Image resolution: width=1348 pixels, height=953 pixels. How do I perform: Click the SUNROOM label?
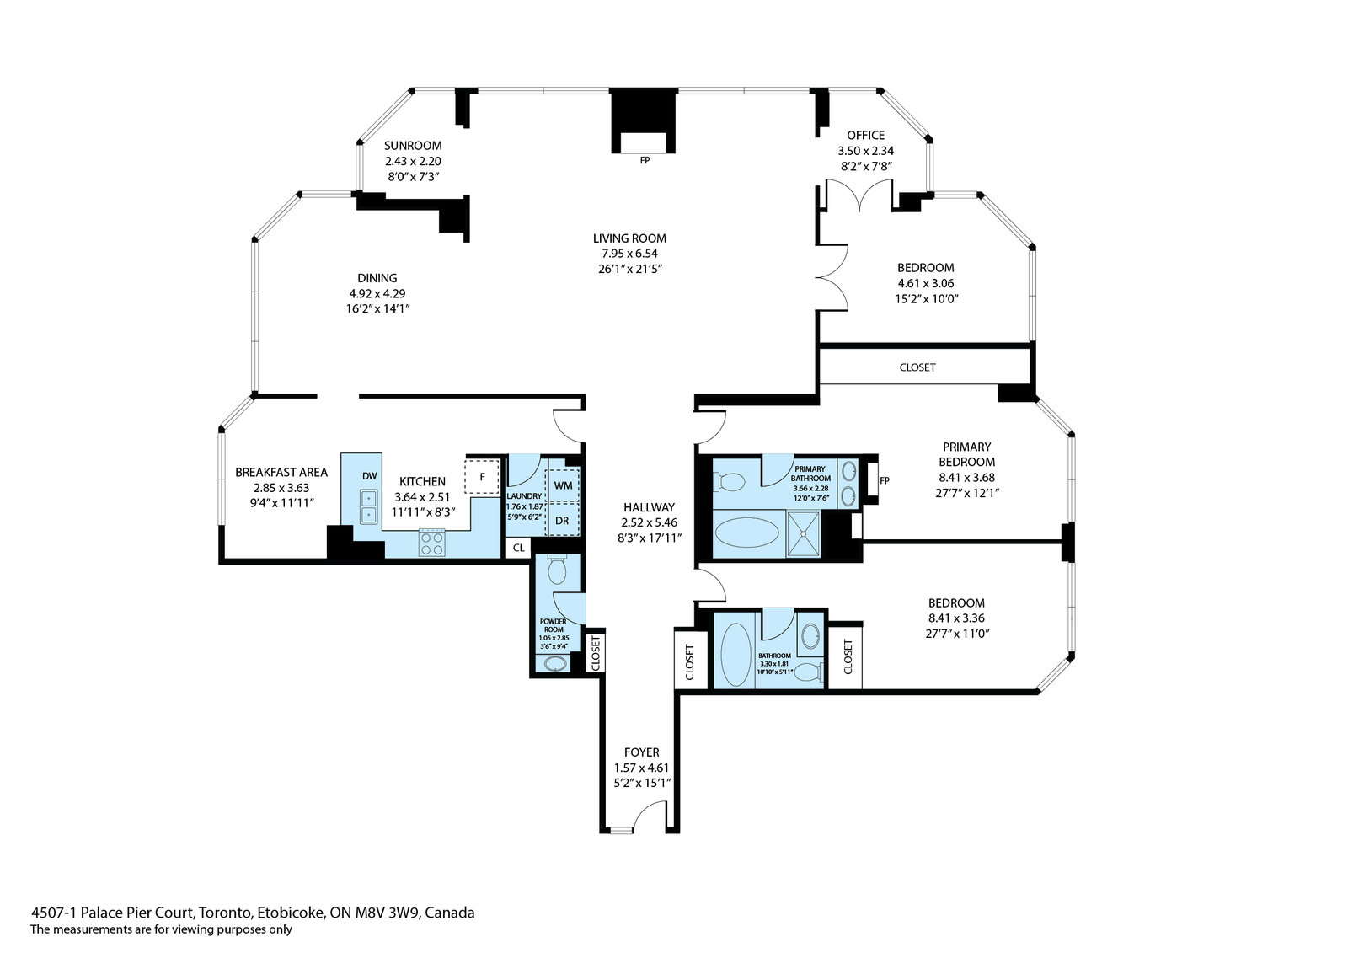point(413,146)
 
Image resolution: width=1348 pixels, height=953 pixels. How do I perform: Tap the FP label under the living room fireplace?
point(645,161)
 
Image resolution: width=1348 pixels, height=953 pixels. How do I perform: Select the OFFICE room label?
point(865,136)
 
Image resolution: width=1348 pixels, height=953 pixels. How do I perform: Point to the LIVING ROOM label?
point(629,238)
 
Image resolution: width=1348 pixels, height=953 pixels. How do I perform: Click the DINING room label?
point(377,278)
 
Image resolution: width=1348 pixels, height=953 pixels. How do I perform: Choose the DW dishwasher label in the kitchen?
point(370,476)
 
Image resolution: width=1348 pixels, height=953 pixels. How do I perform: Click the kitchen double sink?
point(369,507)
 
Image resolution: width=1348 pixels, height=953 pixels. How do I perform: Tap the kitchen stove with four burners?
point(431,543)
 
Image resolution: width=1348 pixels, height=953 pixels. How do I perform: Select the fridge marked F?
point(482,478)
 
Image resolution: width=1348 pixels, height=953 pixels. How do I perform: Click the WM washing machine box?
point(563,485)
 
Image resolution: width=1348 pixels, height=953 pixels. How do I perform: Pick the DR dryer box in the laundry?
point(563,520)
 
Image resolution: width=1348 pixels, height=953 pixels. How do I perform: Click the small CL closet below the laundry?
point(518,548)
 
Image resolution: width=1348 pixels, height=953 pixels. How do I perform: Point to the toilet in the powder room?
point(557,569)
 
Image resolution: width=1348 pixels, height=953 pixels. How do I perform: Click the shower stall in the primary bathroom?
point(804,534)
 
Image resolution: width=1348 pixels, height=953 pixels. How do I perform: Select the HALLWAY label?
point(649,507)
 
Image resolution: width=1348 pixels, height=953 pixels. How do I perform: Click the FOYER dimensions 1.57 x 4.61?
point(641,768)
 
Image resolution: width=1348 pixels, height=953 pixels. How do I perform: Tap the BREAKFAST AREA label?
point(281,473)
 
